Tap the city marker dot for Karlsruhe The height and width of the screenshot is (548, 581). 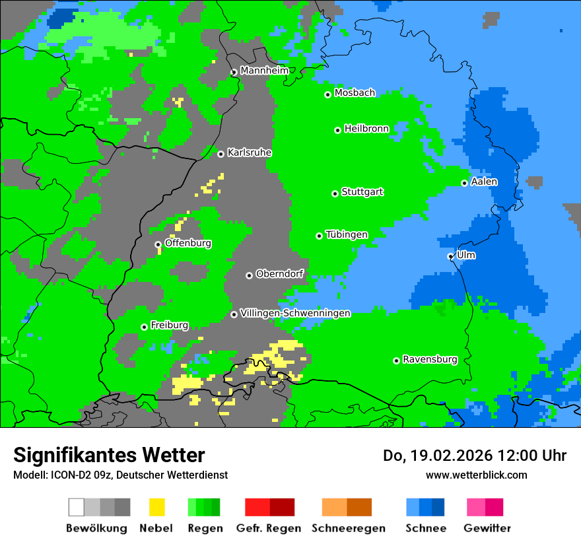coord(221,154)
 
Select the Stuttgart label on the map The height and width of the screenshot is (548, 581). coord(362,192)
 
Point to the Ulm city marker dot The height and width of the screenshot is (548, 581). coord(450,256)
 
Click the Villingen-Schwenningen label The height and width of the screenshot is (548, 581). coord(295,313)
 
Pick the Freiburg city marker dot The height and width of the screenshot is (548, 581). coord(144,327)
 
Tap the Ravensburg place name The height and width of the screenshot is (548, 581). coord(430,360)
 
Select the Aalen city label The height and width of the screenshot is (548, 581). coord(484,182)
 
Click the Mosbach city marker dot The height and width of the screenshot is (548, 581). coord(327,94)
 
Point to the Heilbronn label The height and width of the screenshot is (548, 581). coord(366,129)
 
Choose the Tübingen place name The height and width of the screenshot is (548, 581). coord(347,235)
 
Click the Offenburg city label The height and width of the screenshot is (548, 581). coord(188,243)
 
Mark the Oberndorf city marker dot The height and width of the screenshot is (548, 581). coord(249,275)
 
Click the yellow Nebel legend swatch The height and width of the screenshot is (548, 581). coord(156,507)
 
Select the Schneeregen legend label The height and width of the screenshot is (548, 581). coord(348,528)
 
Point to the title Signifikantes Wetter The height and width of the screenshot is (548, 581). coord(109,455)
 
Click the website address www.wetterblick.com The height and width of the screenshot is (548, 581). coord(476,475)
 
